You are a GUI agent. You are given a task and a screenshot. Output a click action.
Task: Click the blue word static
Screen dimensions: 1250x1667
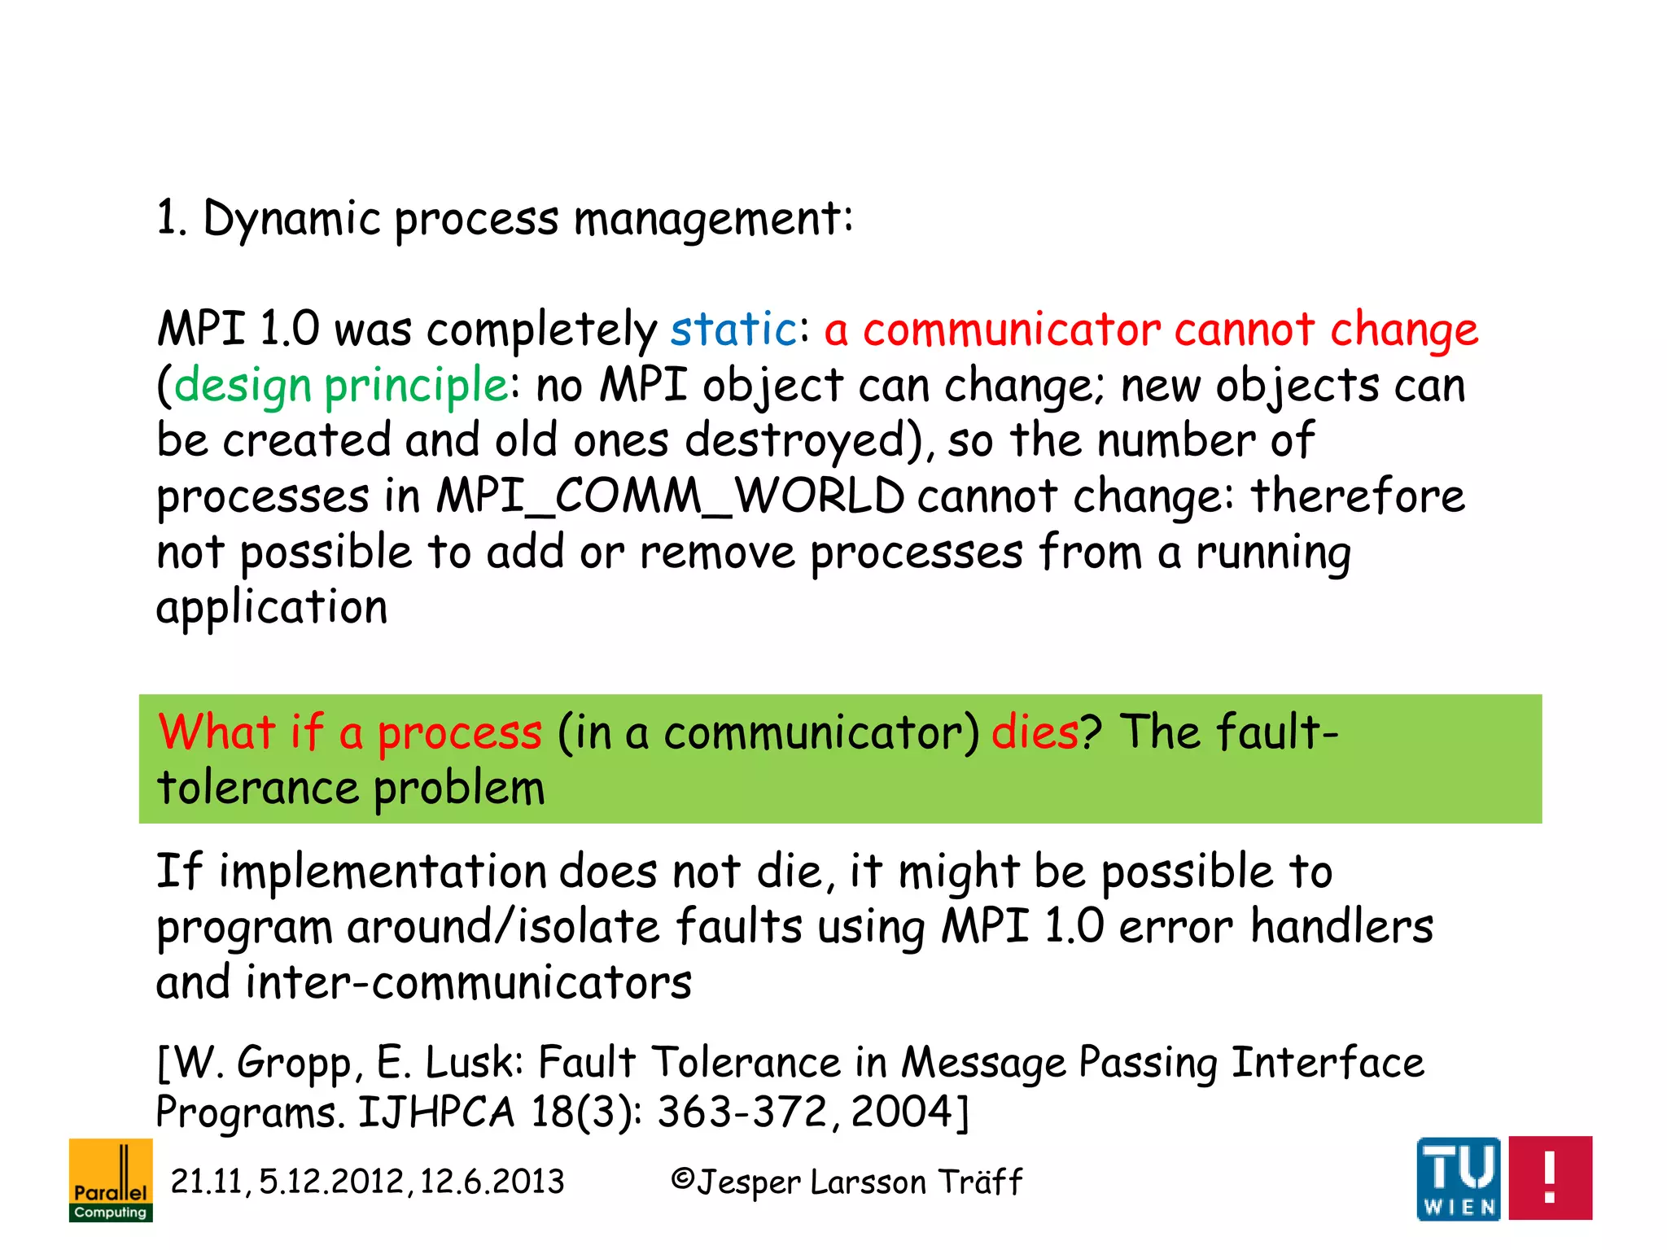[x=733, y=330]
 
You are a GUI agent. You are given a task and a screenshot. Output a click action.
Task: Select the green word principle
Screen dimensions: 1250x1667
[x=416, y=385]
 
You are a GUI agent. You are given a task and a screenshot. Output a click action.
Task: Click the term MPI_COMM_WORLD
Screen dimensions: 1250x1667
[x=670, y=496]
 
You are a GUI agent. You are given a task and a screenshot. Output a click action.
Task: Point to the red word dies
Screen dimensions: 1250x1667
[x=1035, y=732]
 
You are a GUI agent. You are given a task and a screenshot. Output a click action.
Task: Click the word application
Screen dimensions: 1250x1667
[x=272, y=607]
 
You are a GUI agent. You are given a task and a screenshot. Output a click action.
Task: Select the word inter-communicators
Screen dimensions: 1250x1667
[x=469, y=982]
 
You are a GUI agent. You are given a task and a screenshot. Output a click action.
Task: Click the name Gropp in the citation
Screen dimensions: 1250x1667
[x=295, y=1063]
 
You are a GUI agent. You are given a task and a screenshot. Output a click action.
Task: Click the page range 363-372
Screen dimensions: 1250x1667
[x=742, y=1112]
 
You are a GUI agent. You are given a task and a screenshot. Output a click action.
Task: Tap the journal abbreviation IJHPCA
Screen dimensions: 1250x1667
[x=436, y=1112]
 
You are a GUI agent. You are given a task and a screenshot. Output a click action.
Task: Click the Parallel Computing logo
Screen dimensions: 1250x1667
[x=111, y=1180]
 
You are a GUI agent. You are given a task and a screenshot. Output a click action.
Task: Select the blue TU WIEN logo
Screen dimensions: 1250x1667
[x=1459, y=1178]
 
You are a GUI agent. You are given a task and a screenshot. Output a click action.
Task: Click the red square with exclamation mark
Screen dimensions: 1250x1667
[x=1550, y=1178]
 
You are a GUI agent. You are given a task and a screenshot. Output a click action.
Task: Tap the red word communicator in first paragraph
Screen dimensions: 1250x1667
[x=1011, y=330]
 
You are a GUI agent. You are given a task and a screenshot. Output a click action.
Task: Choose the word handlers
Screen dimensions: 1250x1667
[x=1341, y=927]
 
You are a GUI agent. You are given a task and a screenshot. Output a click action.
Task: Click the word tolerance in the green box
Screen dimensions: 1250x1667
[x=257, y=788]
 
